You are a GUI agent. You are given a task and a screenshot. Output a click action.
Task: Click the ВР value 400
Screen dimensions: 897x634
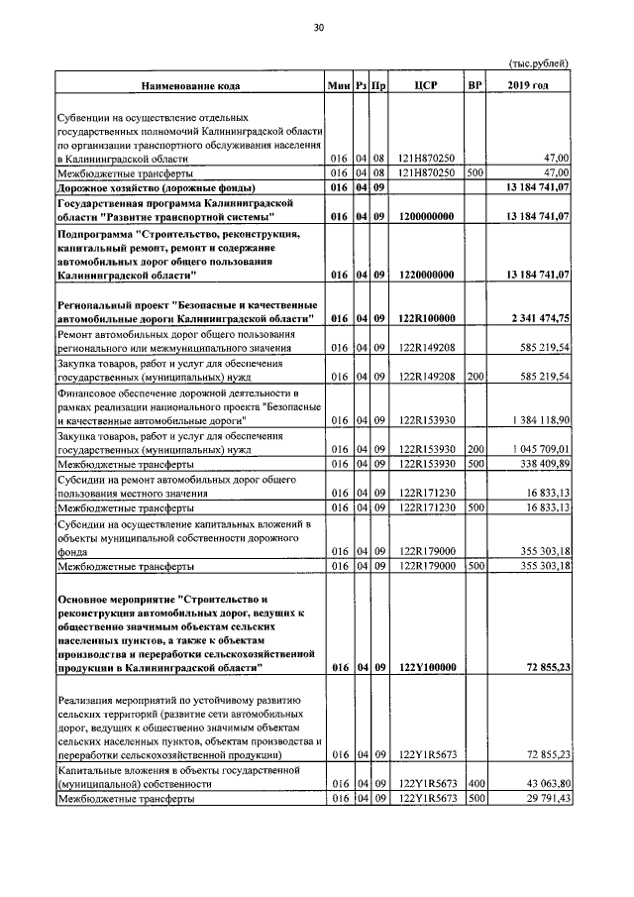(x=475, y=784)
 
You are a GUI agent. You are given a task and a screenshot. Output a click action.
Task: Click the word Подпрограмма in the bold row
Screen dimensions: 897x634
(x=100, y=234)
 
